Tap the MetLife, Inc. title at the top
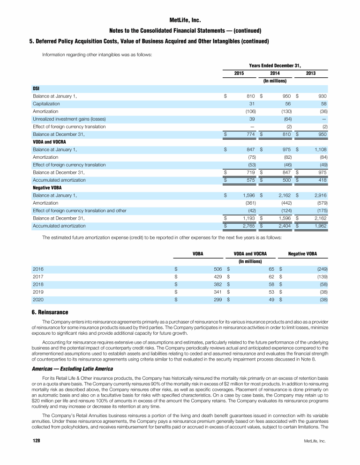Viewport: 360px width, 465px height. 180,21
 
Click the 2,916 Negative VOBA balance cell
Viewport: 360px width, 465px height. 319,195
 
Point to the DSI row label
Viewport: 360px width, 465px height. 36,89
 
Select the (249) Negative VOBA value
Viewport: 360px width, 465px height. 321,270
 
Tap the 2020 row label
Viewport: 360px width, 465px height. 38,300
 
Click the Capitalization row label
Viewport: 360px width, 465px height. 46,103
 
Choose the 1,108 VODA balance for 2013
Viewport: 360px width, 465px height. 319,149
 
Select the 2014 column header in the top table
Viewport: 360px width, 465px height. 275,74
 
